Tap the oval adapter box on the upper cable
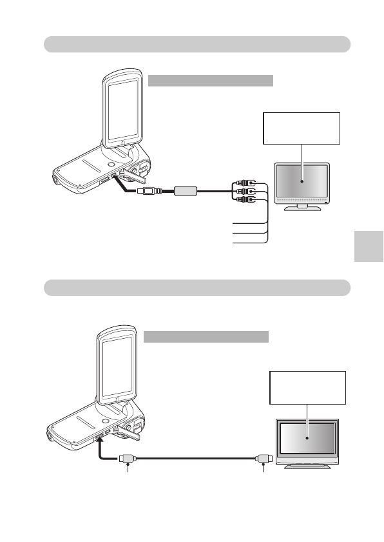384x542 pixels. [185, 191]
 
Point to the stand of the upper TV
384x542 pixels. [301, 208]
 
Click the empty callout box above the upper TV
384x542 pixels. [301, 128]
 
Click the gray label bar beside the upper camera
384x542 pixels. [211, 80]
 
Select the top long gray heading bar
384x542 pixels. [197, 44]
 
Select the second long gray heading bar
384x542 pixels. [197, 287]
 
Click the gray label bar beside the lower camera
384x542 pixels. [206, 337]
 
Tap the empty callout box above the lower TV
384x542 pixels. [307, 387]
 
